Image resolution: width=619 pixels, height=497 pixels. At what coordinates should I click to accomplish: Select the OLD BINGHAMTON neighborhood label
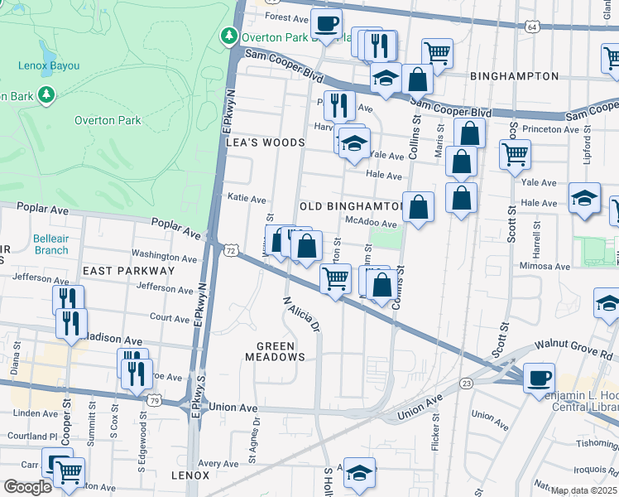tap(350, 205)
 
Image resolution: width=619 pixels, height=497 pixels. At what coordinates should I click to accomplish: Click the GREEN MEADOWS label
tap(275, 350)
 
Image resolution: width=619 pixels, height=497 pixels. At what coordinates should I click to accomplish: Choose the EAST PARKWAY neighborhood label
tap(128, 271)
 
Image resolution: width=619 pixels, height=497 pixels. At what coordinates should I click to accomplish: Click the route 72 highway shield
tap(231, 250)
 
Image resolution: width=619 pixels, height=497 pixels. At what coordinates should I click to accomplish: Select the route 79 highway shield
tap(154, 400)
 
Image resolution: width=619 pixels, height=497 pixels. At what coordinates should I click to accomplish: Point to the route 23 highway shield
tap(467, 383)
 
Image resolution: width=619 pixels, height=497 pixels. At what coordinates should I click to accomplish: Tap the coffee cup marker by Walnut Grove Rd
tap(539, 378)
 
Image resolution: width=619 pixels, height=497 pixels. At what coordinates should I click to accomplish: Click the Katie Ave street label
tap(247, 200)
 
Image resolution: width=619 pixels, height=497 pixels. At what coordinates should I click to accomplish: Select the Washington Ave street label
tap(162, 256)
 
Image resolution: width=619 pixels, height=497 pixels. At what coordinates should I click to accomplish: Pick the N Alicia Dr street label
tap(301, 314)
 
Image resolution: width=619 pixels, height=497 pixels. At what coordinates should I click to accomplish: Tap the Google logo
tap(27, 487)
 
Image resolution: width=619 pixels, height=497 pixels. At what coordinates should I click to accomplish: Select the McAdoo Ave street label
tap(372, 223)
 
